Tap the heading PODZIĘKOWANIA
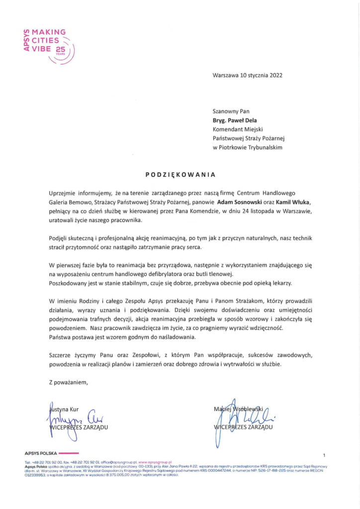(x=180, y=174)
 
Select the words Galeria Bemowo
(x=72, y=202)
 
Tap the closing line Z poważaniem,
(x=68, y=382)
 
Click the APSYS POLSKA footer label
(x=41, y=453)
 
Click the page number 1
(x=324, y=455)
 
